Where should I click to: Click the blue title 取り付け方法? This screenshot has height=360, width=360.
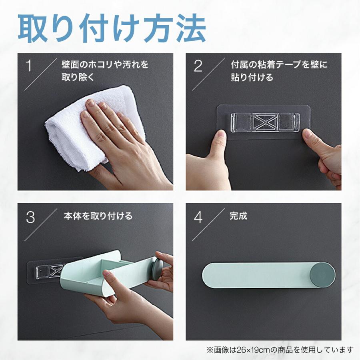pyautogui.click(x=112, y=28)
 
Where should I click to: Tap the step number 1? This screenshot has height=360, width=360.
pyautogui.click(x=29, y=66)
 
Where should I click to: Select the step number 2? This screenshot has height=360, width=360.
pyautogui.click(x=198, y=66)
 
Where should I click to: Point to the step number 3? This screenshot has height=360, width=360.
pyautogui.click(x=30, y=217)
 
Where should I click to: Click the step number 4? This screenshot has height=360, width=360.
pyautogui.click(x=198, y=217)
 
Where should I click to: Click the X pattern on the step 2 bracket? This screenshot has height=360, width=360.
pyautogui.click(x=266, y=122)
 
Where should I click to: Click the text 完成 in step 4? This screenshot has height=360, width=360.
pyautogui.click(x=238, y=216)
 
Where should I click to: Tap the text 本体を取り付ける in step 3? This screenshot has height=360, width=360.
pyautogui.click(x=98, y=216)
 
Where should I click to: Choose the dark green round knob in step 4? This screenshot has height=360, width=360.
pyautogui.click(x=322, y=275)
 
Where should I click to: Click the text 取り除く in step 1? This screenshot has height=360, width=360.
pyautogui.click(x=78, y=77)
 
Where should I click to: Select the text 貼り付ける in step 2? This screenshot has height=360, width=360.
pyautogui.click(x=252, y=77)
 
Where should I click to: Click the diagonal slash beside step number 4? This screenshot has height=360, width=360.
pyautogui.click(x=208, y=224)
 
